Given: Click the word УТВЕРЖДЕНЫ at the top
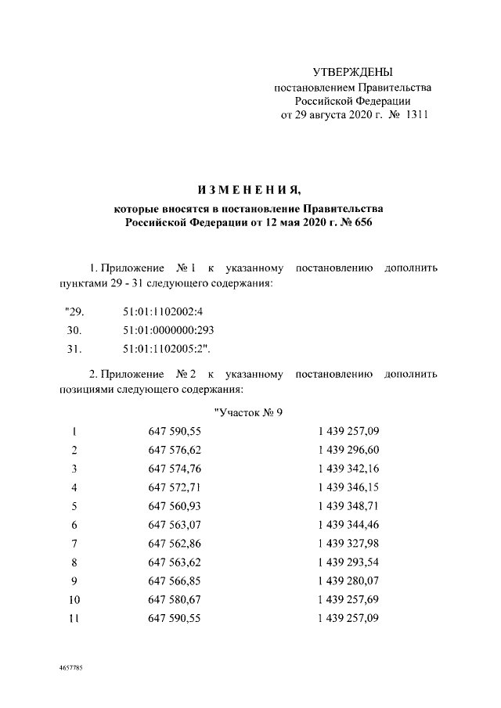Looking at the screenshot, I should pos(352,72).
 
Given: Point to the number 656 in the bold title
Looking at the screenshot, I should pos(360,223).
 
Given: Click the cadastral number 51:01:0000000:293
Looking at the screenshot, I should pos(168,330).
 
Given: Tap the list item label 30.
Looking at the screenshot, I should pos(74,330).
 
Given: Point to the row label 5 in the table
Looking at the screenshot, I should pos(74,506).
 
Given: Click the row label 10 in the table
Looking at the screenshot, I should pos(74,599).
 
